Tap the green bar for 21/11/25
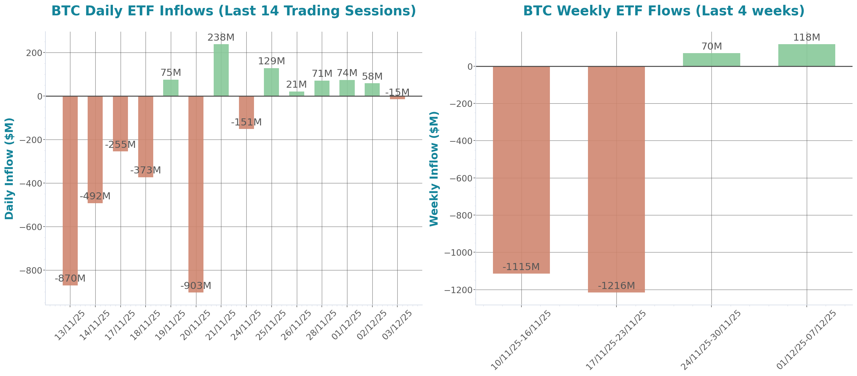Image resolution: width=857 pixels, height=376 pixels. tap(221, 70)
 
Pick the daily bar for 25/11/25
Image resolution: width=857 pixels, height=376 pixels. tap(272, 82)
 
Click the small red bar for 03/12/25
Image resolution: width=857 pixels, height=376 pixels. tap(397, 98)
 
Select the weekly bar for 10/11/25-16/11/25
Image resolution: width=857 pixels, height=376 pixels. tap(521, 170)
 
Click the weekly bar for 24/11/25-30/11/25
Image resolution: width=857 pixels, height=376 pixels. tap(712, 60)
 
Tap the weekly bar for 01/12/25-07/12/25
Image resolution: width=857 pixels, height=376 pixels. tap(807, 55)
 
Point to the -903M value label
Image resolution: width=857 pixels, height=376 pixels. tap(196, 286)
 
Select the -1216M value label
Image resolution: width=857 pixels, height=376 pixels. tap(616, 286)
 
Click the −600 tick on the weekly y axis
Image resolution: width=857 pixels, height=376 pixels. tap(461, 178)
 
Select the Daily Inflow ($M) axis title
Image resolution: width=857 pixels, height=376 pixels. tap(9, 169)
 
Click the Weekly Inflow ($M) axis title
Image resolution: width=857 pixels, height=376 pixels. tap(434, 169)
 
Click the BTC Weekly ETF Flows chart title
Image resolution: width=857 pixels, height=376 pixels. tap(664, 11)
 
